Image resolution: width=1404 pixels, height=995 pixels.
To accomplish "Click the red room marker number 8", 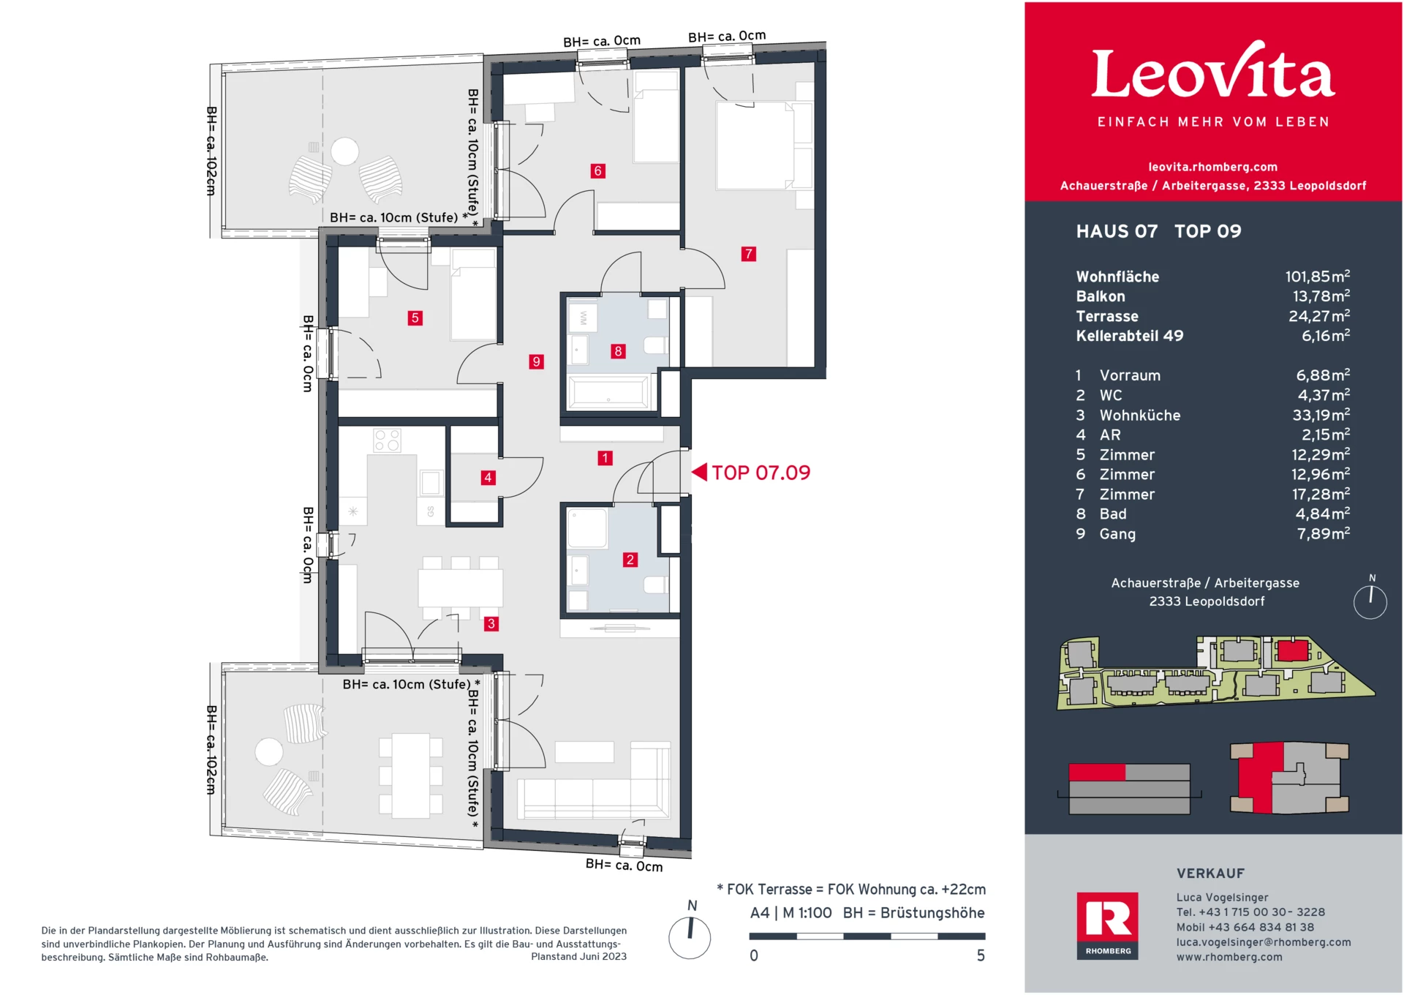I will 618,351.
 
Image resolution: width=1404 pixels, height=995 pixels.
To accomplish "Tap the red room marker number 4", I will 488,478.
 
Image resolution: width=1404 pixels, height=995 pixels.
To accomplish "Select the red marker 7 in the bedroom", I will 748,254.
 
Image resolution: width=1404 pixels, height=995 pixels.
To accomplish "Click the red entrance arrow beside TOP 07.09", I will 700,472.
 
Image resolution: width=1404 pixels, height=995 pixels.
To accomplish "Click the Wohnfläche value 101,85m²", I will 1317,277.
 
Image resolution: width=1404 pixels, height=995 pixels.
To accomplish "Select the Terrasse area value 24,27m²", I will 1318,316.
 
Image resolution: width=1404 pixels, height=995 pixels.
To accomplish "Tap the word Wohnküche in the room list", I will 1139,415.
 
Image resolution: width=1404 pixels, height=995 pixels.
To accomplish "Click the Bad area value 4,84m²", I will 1322,514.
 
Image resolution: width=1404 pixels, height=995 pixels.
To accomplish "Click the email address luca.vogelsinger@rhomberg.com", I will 1263,942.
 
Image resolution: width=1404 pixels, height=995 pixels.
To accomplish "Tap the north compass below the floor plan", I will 690,937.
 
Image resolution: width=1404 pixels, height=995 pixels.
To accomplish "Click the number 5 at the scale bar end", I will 981,955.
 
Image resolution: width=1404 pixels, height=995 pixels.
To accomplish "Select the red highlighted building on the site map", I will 1292,650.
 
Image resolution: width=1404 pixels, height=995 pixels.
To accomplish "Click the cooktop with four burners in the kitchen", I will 387,440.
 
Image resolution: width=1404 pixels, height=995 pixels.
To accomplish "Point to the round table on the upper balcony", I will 344,151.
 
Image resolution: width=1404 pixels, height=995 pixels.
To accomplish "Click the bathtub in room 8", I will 608,392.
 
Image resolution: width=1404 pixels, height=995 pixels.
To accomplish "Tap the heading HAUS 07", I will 1117,231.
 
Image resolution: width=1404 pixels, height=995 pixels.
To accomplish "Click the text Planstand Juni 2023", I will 578,956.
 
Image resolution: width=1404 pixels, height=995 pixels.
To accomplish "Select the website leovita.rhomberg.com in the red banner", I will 1212,167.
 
